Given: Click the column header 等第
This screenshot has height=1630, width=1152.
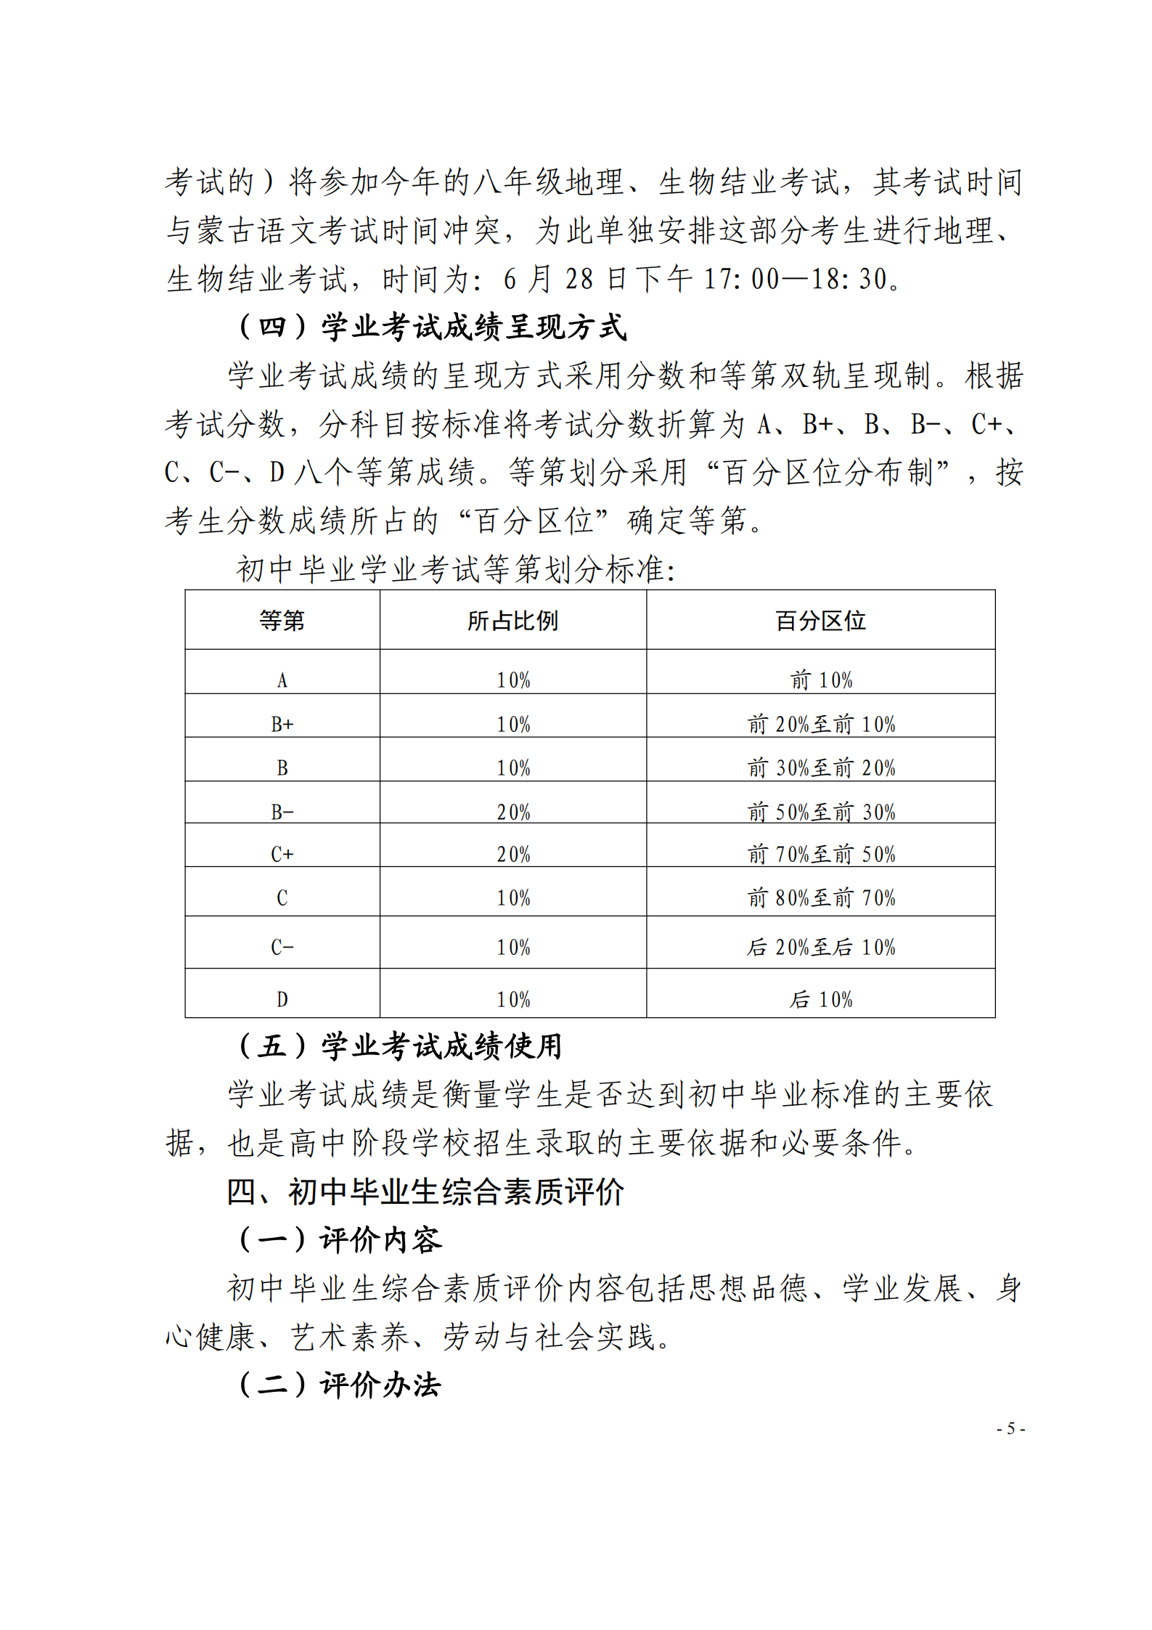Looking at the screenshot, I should tap(282, 621).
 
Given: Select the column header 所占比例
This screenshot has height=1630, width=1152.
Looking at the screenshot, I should tap(512, 621).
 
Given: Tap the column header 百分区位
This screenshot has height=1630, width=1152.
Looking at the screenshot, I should tap(820, 621).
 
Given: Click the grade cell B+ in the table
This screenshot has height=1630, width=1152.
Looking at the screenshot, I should tap(282, 724).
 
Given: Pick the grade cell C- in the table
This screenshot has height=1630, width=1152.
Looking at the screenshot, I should tap(282, 947).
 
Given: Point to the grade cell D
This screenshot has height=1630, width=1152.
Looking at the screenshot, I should tap(282, 999).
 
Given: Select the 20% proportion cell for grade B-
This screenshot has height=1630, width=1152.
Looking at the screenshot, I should tap(512, 812).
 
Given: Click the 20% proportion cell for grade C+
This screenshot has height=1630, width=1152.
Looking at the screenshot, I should tap(512, 854).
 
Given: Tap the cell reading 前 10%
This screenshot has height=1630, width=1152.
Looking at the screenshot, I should tap(820, 680).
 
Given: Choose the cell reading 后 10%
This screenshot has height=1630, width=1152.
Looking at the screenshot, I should tap(820, 999).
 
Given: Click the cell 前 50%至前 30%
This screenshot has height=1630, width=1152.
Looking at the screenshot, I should tap(820, 812).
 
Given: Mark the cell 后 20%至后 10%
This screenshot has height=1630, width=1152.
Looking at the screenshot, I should tap(820, 947).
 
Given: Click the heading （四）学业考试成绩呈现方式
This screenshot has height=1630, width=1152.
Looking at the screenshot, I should tap(432, 327).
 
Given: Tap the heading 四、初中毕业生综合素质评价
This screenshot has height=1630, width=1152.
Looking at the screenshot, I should tap(425, 1191).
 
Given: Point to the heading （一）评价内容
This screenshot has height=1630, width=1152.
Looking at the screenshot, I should tap(339, 1239).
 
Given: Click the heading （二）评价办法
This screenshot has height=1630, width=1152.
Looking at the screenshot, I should tap(339, 1385).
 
